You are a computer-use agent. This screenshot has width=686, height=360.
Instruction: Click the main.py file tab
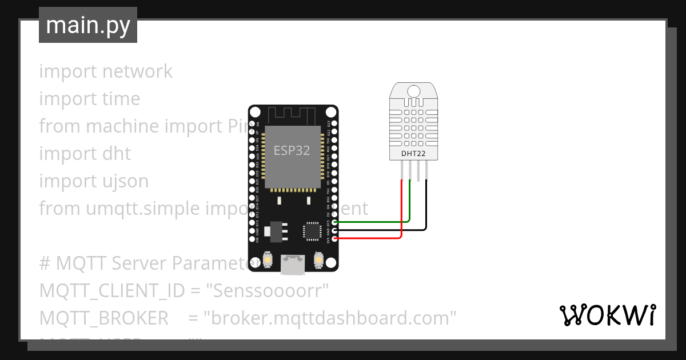pyautogui.click(x=87, y=25)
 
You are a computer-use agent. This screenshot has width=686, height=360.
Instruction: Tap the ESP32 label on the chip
pyautogui.click(x=292, y=150)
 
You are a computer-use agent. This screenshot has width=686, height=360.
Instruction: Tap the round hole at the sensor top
pyautogui.click(x=414, y=90)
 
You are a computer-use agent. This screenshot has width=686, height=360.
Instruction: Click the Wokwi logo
pyautogui.click(x=607, y=315)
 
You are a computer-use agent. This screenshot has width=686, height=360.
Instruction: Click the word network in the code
pyautogui.click(x=137, y=71)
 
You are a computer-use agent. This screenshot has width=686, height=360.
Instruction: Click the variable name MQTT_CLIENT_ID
pyautogui.click(x=112, y=291)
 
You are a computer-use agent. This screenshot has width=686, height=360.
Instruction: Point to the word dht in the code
pyautogui.click(x=117, y=154)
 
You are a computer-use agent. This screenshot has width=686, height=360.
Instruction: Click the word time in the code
pyautogui.click(x=121, y=99)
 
